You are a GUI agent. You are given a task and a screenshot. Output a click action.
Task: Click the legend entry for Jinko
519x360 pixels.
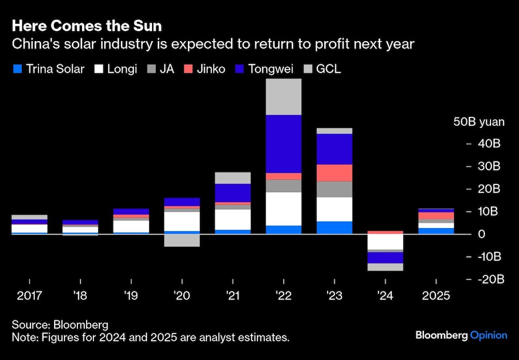click(206, 69)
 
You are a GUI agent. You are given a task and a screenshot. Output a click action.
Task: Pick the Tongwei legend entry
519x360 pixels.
click(270, 69)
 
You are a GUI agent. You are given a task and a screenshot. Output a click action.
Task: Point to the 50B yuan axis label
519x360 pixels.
click(479, 122)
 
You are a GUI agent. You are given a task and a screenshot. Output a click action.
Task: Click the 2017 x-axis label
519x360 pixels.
click(29, 296)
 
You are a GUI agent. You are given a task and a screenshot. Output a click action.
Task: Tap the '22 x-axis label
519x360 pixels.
click(284, 296)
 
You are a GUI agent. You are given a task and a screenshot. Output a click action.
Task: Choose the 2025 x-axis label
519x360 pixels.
click(436, 296)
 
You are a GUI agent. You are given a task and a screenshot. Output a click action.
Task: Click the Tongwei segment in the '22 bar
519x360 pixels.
click(284, 144)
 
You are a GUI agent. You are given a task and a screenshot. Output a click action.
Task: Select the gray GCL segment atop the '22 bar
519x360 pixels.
click(284, 97)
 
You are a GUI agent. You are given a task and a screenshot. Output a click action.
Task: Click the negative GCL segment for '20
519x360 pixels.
click(182, 240)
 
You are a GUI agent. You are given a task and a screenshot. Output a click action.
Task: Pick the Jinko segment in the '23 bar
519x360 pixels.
click(335, 172)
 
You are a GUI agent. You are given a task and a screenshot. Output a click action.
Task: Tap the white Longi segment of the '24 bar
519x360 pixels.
click(386, 242)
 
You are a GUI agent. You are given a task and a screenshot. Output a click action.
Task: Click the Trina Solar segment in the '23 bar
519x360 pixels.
click(335, 228)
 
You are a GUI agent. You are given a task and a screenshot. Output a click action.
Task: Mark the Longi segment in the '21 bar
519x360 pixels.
click(233, 219)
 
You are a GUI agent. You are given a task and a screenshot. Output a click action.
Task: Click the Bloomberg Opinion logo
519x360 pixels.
click(461, 335)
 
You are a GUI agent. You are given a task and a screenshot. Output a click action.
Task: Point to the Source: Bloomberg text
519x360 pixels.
click(60, 325)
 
